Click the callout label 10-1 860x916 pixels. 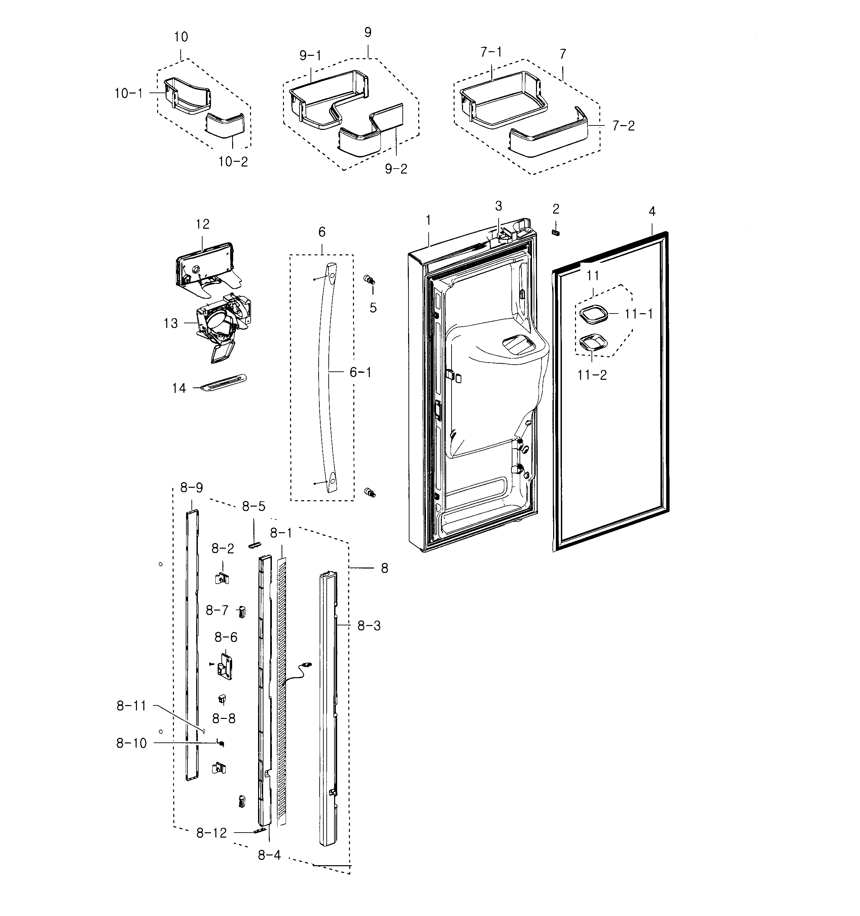pyautogui.click(x=129, y=94)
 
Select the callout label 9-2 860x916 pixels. pyautogui.click(x=396, y=169)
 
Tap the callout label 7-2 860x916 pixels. pyautogui.click(x=623, y=126)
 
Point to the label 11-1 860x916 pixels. pyautogui.click(x=639, y=314)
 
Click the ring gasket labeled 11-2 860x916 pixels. pyautogui.click(x=593, y=343)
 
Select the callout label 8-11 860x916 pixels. pyautogui.click(x=131, y=705)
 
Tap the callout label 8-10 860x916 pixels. pyautogui.click(x=131, y=743)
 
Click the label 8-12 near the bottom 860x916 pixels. pyautogui.click(x=212, y=833)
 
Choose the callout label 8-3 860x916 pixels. pyautogui.click(x=369, y=626)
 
